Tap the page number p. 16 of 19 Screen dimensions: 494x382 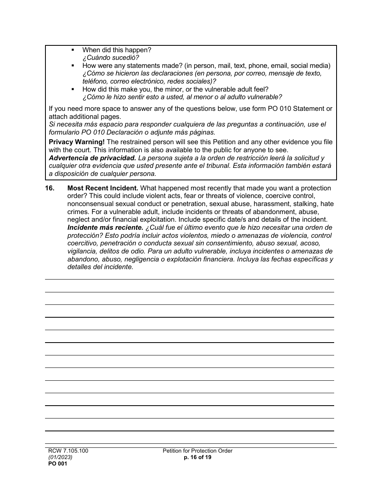click(x=197, y=457)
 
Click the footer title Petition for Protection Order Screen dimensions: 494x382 click(x=197, y=451)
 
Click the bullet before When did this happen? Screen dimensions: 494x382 click(x=73, y=50)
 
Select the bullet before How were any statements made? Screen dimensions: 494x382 click(x=73, y=66)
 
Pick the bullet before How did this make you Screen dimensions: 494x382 click(x=73, y=89)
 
